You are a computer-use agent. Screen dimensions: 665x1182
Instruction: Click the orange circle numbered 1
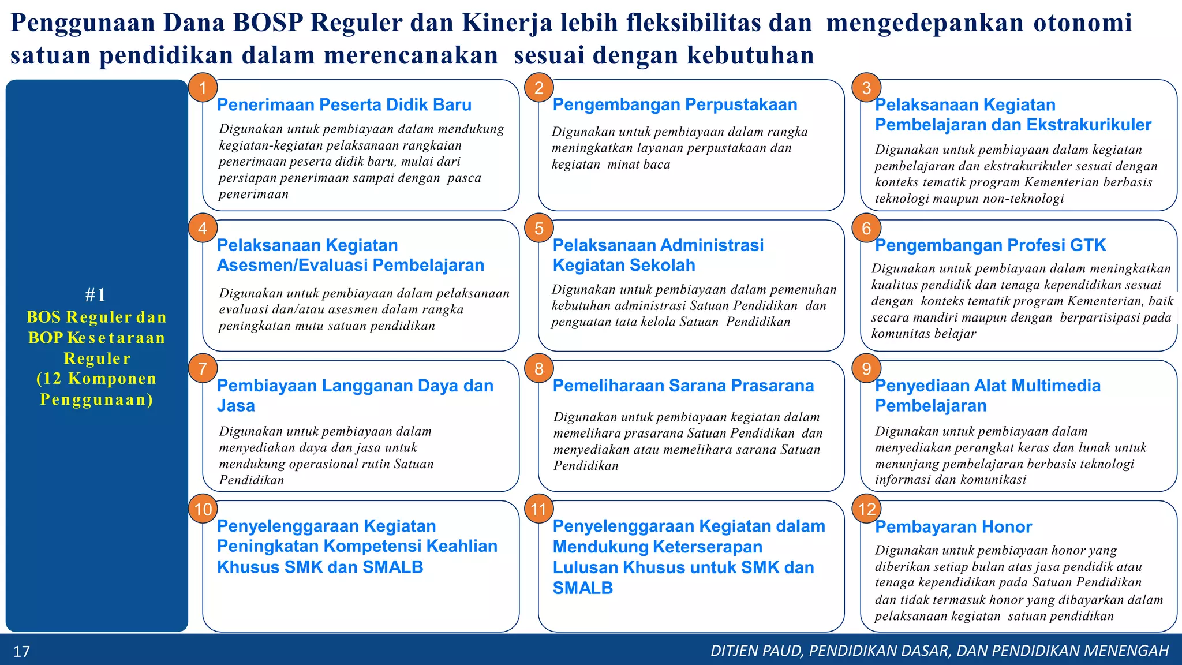coord(203,88)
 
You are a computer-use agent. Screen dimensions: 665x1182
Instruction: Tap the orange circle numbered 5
coord(539,228)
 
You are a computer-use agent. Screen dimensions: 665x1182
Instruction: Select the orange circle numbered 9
coord(866,369)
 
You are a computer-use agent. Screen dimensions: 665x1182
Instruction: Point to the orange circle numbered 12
coord(867,509)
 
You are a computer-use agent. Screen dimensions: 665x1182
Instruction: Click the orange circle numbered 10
coord(203,509)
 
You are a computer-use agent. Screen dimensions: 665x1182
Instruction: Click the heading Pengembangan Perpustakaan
coord(675,104)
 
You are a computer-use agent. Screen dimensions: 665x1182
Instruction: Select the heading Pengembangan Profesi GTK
coord(990,245)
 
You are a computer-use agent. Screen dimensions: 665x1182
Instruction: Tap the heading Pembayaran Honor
coord(953,526)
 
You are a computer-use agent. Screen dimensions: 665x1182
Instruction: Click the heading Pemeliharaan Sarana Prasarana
coord(683,386)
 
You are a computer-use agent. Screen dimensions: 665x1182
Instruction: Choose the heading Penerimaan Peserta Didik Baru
coord(344,105)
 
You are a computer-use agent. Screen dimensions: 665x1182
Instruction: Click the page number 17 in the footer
coord(21,652)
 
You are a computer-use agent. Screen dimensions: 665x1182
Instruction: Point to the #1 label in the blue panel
coord(96,295)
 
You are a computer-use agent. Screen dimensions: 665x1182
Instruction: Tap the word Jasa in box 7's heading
coord(235,406)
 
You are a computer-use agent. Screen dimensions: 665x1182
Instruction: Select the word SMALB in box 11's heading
coord(582,588)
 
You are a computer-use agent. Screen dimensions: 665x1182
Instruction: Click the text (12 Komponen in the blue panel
coord(96,379)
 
